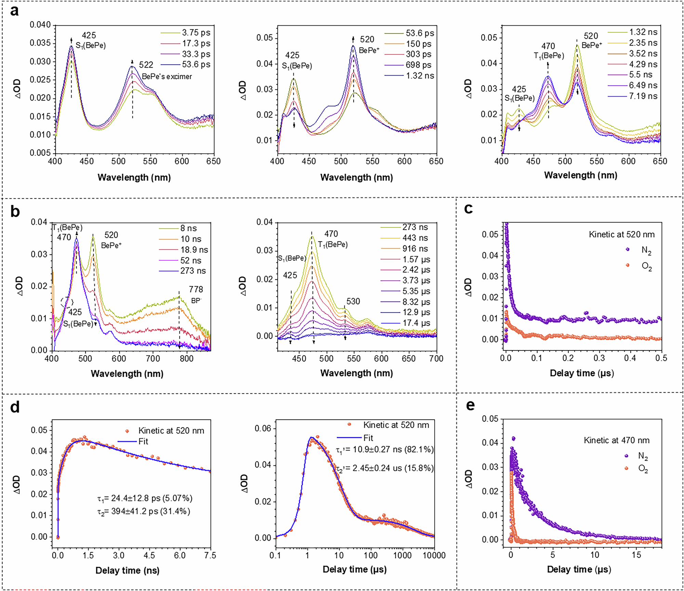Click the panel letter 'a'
coord(14,11)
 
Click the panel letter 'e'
coord(470,405)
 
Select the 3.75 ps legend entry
coord(196,33)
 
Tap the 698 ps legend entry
coord(419,65)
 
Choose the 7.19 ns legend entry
coord(643,96)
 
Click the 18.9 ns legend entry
coord(194,250)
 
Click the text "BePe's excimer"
coord(167,77)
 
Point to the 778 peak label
coord(196,290)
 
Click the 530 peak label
coord(353,301)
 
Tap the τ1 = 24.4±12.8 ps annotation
coord(145,498)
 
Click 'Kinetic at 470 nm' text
coord(616,440)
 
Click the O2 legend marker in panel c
coord(628,265)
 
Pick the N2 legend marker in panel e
coord(627,456)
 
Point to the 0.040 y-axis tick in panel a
coord(40,25)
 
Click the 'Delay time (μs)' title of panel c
coord(582,373)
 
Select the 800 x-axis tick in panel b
coord(186,359)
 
